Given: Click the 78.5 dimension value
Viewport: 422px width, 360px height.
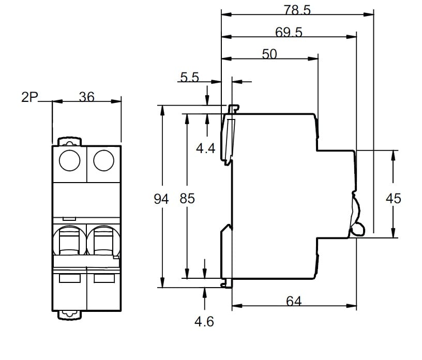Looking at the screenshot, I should coord(297,10).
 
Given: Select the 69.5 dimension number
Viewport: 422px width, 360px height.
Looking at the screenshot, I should coord(289,32).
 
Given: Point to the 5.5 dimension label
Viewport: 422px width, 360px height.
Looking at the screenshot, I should coord(189,78).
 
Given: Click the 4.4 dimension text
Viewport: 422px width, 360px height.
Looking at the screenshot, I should coord(205,149).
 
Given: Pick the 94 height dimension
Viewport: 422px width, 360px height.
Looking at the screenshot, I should coord(162,198).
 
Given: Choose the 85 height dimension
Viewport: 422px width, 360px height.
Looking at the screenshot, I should coord(187,198).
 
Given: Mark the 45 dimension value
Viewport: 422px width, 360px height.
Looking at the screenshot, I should coord(394,198).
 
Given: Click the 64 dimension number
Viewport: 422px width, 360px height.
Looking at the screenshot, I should coord(294,301).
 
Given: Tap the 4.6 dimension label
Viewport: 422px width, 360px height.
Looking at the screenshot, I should coord(204,322).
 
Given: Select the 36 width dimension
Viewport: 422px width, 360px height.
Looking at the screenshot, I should coord(86,97).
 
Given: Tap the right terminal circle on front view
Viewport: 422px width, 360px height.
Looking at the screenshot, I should coord(103,160).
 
